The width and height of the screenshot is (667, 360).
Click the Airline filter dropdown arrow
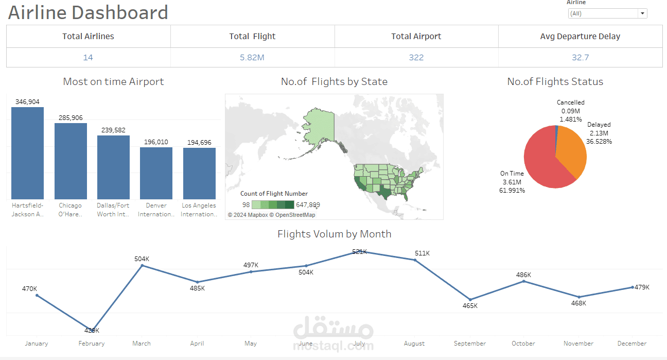[642, 14]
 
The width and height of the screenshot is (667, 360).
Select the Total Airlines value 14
[88, 57]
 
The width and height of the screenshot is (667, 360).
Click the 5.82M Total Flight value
[252, 57]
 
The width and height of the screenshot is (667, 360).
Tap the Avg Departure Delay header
[580, 37]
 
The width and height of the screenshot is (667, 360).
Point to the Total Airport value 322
[416, 57]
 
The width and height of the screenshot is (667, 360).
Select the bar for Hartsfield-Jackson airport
[28, 155]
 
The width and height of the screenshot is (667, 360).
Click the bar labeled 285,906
[71, 162]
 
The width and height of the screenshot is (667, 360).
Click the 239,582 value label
[113, 130]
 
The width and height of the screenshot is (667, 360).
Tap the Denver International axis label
[156, 210]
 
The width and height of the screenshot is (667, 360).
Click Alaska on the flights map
[320, 126]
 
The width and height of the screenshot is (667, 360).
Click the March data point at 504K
[142, 265]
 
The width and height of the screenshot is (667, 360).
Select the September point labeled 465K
[470, 299]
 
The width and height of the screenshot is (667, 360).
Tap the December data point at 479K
[632, 287]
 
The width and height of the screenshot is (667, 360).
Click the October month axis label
[523, 344]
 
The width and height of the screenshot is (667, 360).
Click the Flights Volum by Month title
[334, 234]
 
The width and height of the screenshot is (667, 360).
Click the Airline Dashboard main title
[88, 12]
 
